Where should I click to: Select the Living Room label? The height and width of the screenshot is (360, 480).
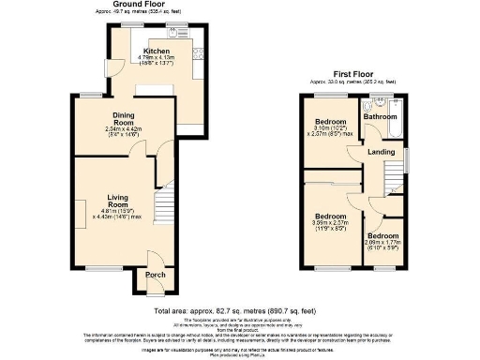[x=117, y=201]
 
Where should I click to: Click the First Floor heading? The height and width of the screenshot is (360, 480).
[x=356, y=72]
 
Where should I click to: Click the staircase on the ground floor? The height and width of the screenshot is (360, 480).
[x=164, y=215]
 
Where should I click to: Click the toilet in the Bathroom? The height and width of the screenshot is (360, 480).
[x=370, y=106]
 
